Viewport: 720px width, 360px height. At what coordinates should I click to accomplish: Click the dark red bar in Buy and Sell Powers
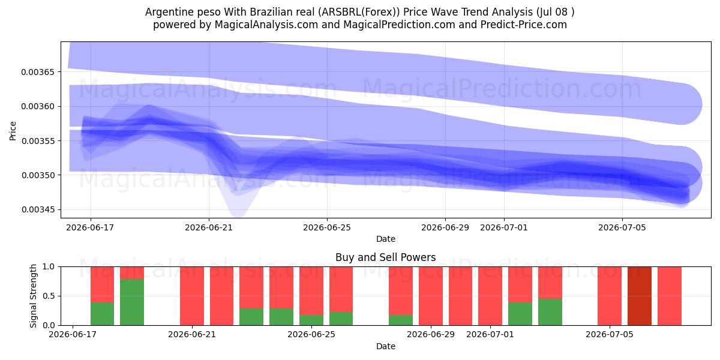coord(640,296)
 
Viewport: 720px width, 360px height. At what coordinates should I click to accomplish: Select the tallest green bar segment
coord(132,302)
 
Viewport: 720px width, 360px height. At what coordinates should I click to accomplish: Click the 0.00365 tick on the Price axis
coord(38,72)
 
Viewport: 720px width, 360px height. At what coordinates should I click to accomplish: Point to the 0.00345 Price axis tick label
coord(38,210)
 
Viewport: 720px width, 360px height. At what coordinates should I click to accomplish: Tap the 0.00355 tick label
coord(38,141)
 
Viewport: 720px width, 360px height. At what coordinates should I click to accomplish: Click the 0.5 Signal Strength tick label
coord(49,296)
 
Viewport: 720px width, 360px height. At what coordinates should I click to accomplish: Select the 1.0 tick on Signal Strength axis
coord(49,267)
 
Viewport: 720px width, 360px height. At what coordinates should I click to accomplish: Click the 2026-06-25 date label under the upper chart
coord(327,227)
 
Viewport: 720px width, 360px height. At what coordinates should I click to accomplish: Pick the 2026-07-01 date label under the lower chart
coord(490,334)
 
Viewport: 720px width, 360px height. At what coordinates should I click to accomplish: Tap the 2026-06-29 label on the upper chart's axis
coord(445,227)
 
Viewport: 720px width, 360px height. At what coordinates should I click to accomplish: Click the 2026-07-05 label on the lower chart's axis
coord(610,334)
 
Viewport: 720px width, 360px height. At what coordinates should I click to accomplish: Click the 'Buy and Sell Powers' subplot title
coord(386,257)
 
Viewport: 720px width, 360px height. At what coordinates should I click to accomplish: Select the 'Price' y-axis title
coord(13,131)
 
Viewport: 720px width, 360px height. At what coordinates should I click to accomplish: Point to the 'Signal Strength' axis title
coord(33,296)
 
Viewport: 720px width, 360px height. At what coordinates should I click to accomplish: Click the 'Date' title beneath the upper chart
coord(386,239)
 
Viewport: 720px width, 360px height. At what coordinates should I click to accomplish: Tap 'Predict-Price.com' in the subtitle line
coord(524,25)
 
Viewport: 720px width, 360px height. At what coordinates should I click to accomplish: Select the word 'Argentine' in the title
coord(167,12)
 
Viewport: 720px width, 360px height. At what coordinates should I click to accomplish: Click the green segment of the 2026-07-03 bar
coord(550,312)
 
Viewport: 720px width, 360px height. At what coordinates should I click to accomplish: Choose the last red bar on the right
coord(670,296)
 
